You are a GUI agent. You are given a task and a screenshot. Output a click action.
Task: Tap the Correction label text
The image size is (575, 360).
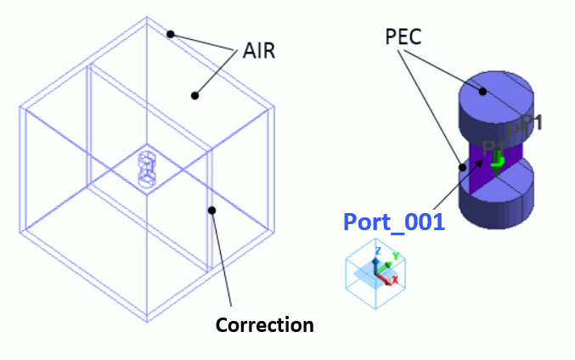coord(265,325)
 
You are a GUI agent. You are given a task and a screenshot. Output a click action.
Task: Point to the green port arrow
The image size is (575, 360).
coord(498,159)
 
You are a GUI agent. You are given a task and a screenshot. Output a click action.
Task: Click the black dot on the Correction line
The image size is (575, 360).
coord(212,210)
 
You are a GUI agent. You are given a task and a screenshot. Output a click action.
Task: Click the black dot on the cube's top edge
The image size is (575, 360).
coord(171,34)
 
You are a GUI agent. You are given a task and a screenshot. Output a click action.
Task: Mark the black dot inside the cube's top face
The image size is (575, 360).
coord(194,95)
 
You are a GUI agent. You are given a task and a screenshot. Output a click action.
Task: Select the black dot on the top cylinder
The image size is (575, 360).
coord(483,91)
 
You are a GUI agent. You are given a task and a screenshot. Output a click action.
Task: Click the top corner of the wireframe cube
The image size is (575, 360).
coord(150,20)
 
